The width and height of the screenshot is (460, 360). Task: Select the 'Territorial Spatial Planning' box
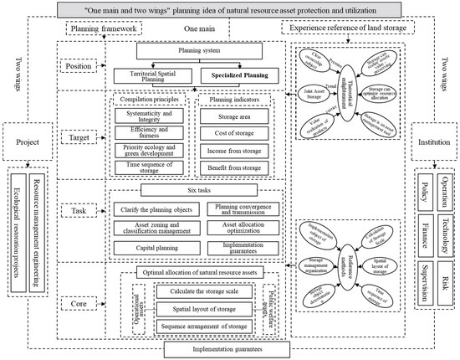tap(152, 75)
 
